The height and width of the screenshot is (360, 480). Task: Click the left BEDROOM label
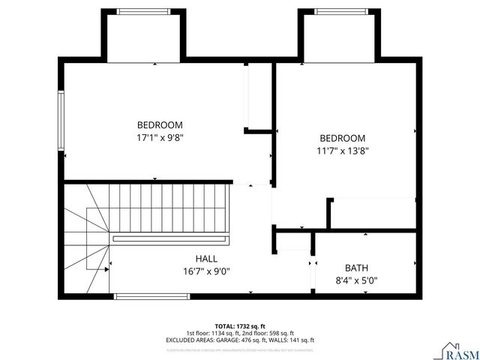(x=159, y=124)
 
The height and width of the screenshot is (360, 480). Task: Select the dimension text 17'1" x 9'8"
(x=159, y=137)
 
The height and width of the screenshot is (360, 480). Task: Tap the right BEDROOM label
(x=342, y=138)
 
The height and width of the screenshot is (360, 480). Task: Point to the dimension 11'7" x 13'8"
(x=342, y=151)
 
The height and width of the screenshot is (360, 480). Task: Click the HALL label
(x=207, y=259)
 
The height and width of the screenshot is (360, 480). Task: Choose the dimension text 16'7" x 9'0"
(x=207, y=271)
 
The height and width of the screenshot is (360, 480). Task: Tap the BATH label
(x=356, y=268)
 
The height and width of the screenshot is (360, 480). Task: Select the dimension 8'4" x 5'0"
(x=356, y=281)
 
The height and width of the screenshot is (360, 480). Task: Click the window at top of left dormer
(x=142, y=11)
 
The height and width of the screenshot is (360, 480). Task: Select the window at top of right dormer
(x=339, y=11)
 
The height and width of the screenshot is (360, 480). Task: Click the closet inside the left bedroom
(x=259, y=97)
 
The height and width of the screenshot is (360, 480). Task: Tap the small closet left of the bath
(x=292, y=241)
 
